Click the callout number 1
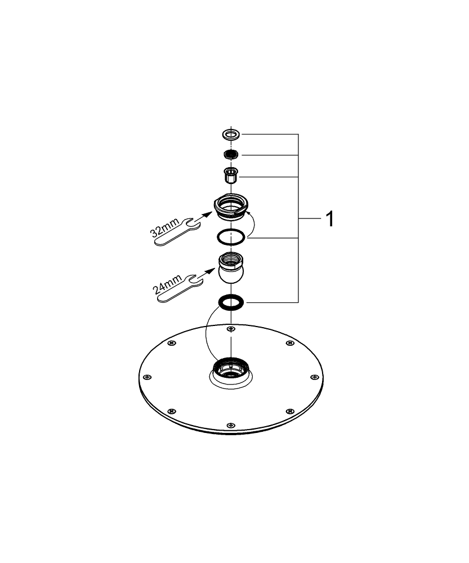330,218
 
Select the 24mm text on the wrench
167,284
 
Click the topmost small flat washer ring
231,135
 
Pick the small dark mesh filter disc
231,154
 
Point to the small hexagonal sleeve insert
231,175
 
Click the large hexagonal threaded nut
230,206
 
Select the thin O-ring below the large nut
231,237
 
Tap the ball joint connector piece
230,267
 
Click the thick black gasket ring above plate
231,302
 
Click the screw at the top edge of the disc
231,329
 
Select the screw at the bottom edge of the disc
231,426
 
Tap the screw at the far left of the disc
146,377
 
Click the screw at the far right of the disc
314,377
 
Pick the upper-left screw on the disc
172,343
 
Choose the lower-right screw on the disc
289,411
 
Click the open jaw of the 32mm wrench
193,224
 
